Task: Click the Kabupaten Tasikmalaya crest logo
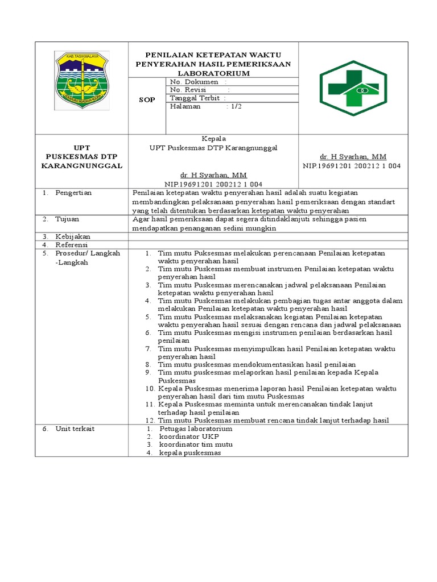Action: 81,81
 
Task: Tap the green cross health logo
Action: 354,88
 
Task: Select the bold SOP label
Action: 147,99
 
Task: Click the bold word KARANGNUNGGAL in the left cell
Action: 81,165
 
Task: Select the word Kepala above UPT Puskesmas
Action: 214,139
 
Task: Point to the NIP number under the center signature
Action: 213,184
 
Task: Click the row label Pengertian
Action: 73,193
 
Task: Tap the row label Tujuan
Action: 67,219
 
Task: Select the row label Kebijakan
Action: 72,236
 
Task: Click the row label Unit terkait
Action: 75,429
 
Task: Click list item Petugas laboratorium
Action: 195,429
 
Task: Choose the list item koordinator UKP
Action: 186,436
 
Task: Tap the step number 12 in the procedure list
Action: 150,421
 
